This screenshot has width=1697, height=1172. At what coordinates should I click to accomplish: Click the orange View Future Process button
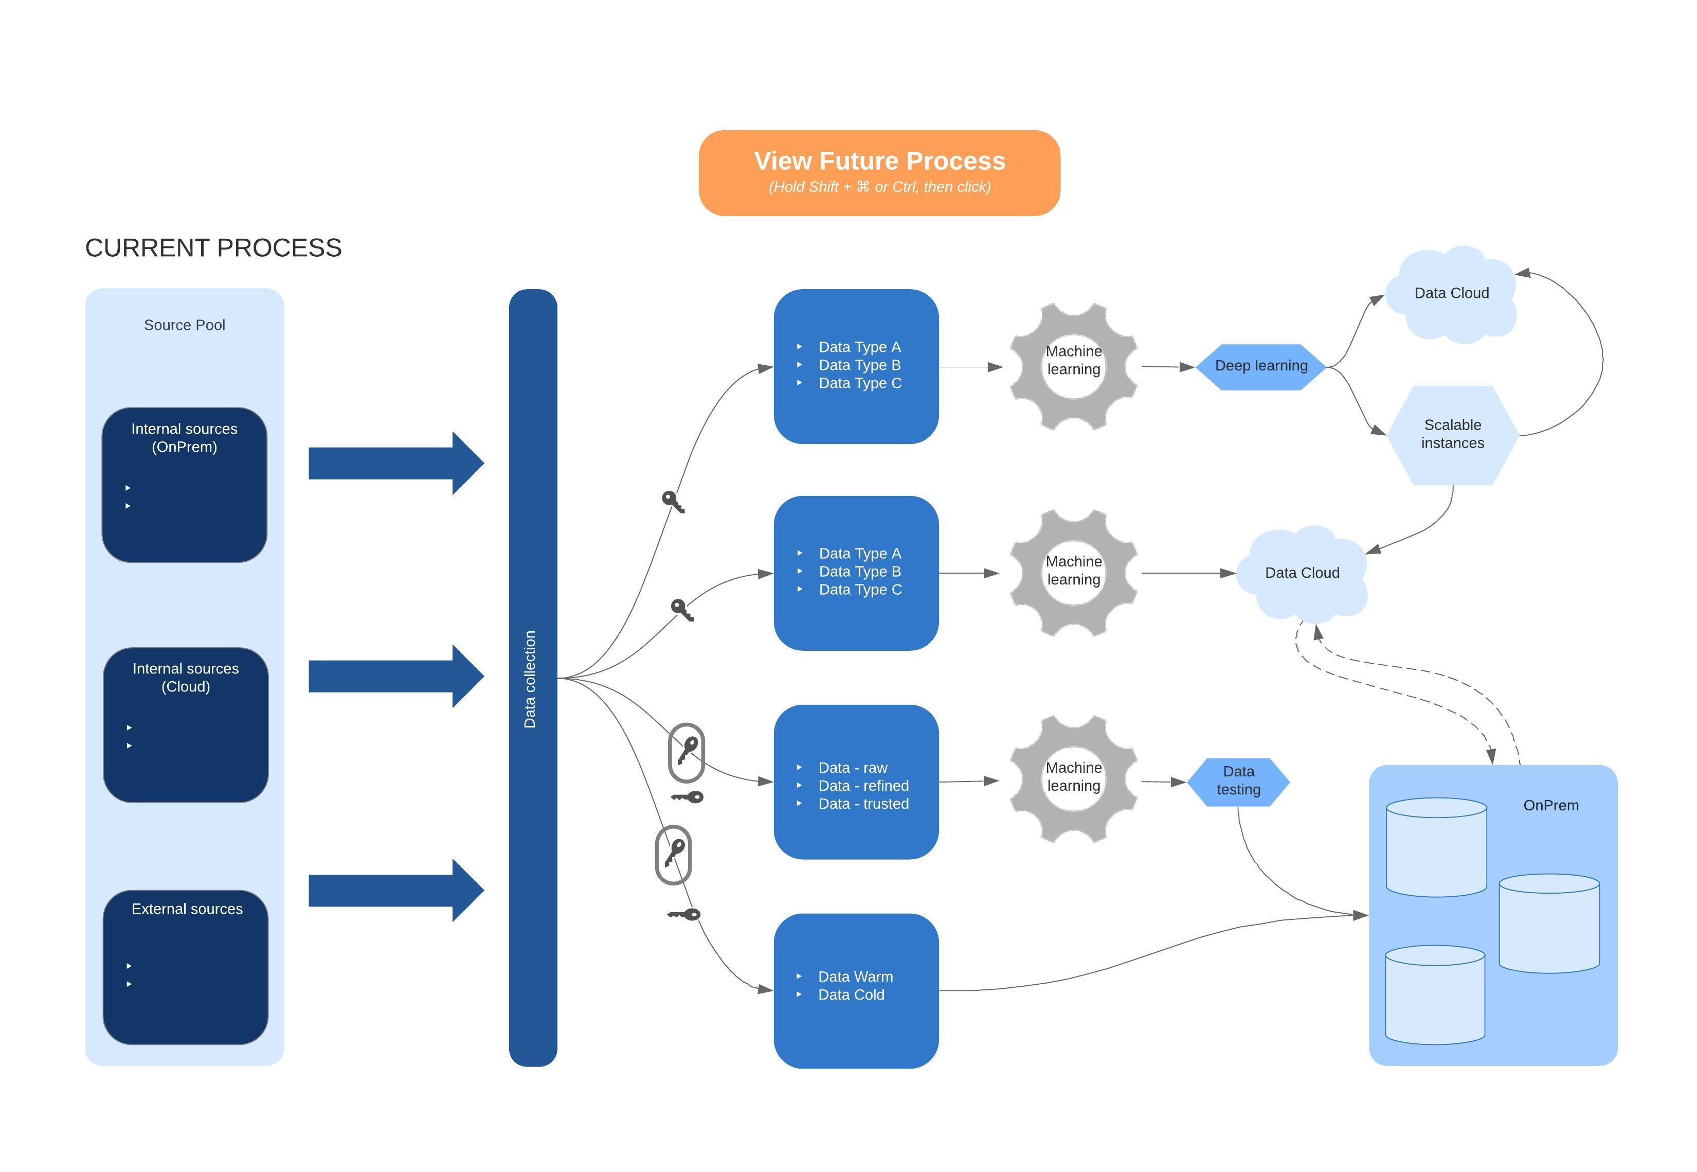click(879, 172)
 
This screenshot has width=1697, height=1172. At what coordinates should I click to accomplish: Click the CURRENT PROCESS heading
click(213, 248)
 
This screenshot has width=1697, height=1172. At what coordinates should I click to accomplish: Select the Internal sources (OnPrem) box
click(184, 485)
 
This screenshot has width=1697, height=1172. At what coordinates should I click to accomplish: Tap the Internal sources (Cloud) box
click(185, 725)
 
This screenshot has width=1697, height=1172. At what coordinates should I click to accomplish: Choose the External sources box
click(185, 967)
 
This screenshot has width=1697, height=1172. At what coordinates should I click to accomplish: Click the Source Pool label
click(184, 325)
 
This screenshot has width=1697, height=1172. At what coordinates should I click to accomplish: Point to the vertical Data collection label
click(530, 679)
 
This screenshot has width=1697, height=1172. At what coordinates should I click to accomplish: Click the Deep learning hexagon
click(1260, 366)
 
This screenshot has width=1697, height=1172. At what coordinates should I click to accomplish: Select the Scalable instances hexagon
click(1451, 435)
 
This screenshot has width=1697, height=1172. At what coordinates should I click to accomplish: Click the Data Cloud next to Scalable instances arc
click(1450, 294)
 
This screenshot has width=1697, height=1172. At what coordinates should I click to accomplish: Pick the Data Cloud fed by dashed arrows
click(1302, 573)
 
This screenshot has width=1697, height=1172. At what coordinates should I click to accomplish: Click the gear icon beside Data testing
click(1073, 778)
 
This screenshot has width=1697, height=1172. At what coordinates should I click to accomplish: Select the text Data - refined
click(863, 786)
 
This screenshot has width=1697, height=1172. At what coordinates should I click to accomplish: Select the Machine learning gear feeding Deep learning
click(1073, 366)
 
